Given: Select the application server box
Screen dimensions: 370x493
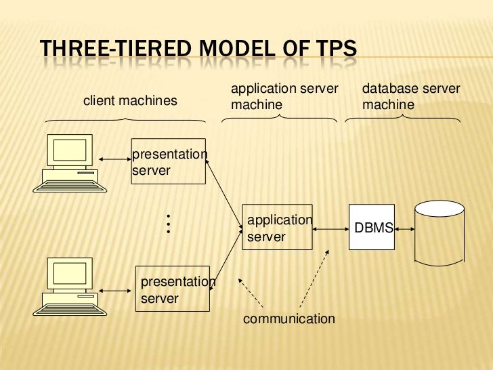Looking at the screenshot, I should click(x=277, y=228).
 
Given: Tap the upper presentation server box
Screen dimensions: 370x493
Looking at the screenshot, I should click(x=168, y=161).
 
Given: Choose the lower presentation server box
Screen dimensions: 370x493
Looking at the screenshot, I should click(x=174, y=288).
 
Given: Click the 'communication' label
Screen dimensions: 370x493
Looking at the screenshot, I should click(x=288, y=318).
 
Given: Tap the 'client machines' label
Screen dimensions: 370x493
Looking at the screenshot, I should click(x=130, y=101).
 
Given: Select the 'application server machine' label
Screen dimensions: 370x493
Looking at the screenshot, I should click(x=284, y=97).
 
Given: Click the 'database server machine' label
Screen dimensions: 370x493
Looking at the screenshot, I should click(x=411, y=97).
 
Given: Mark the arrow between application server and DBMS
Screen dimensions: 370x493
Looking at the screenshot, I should click(x=330, y=230).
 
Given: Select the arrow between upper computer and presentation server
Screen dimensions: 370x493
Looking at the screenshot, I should click(x=114, y=159).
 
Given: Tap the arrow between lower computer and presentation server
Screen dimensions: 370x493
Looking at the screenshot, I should click(x=116, y=291).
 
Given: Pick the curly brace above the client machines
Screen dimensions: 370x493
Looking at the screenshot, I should click(x=125, y=119).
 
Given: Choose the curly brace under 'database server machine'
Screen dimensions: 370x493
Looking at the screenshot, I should click(x=404, y=119).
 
